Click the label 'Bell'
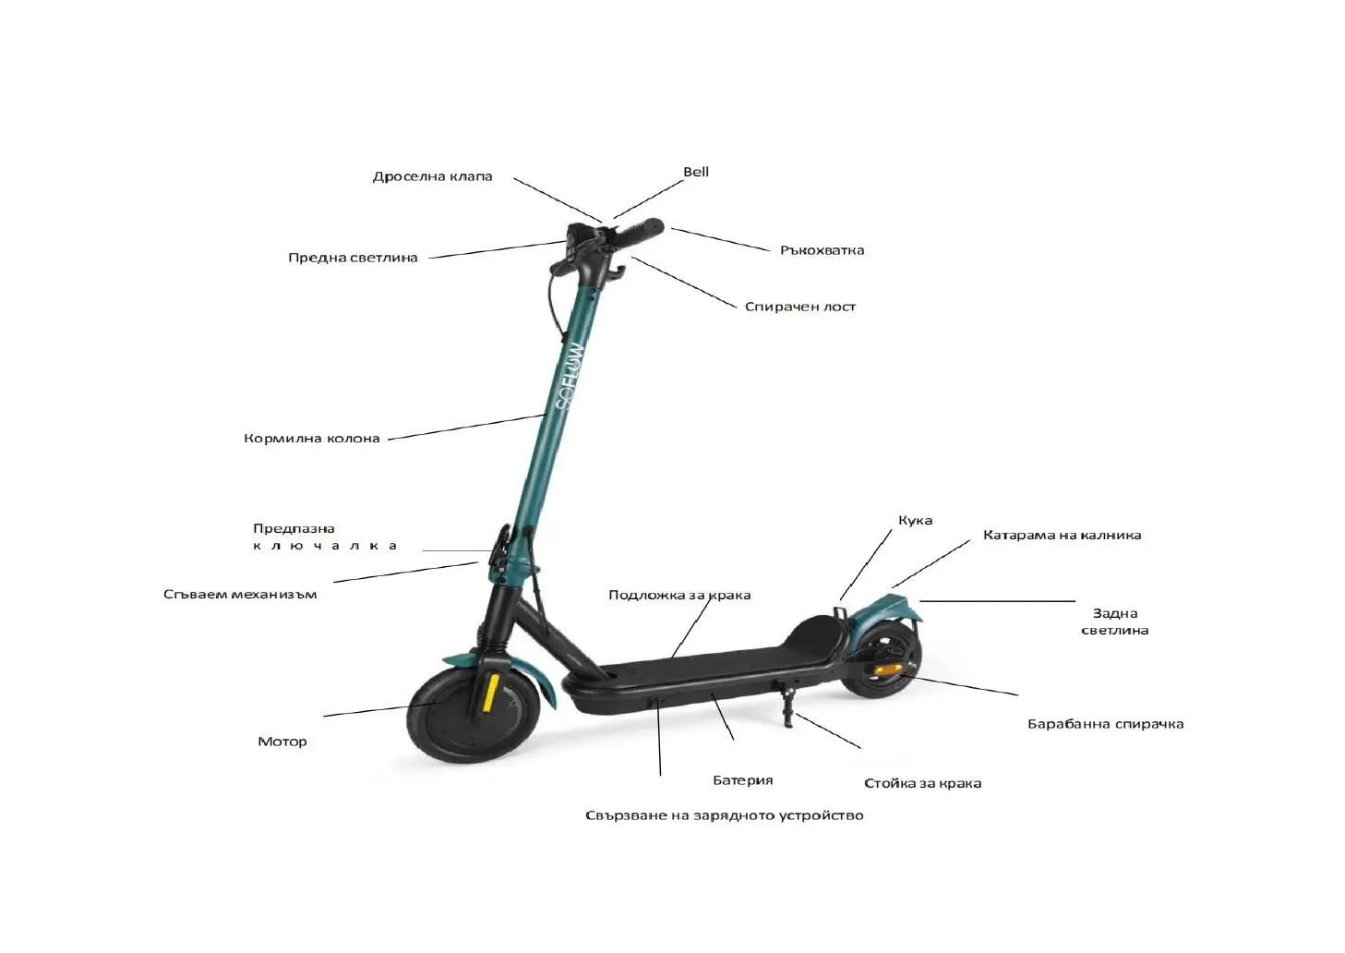point(696,172)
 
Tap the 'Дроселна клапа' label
point(432,176)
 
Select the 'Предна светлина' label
point(353,258)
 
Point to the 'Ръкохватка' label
point(822,250)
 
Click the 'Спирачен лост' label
point(799,307)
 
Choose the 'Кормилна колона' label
point(311,439)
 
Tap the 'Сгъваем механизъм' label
point(240,595)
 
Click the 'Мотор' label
point(282,742)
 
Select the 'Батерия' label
point(742,780)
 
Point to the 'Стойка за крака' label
point(922,783)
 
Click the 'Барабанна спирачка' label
point(1105,724)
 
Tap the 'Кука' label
point(915,521)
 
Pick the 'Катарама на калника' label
point(1062,536)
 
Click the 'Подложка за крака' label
point(679,596)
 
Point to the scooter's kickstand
point(788,706)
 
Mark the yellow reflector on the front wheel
point(491,693)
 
